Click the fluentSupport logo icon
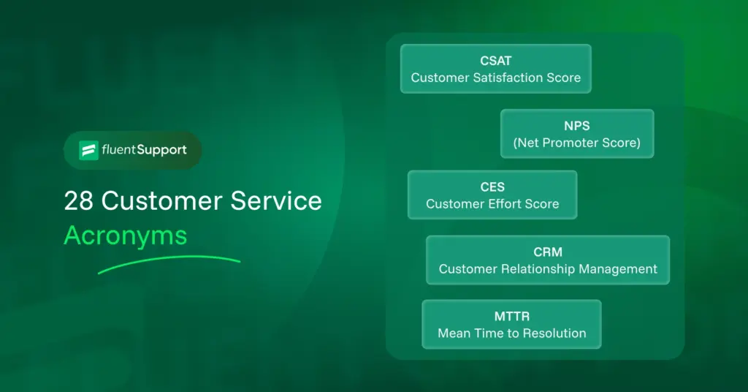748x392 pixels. point(88,150)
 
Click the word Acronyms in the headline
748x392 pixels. point(125,235)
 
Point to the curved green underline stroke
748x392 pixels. point(168,263)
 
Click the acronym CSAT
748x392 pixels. point(495,61)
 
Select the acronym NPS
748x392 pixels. point(576,127)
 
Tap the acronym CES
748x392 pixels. point(492,187)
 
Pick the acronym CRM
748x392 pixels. point(548,252)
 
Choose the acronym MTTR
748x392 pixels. point(511,317)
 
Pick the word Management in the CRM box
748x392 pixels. point(618,269)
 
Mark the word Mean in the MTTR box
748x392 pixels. point(453,333)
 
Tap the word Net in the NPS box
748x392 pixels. point(529,143)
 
